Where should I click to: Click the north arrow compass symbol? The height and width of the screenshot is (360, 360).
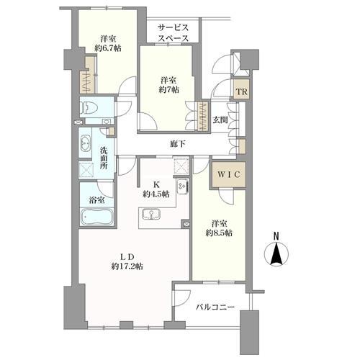point(277,255)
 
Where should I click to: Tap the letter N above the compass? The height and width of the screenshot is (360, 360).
point(277,235)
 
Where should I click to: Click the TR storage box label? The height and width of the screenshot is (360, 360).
point(242,91)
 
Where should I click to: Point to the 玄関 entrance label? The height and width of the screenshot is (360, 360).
point(220,120)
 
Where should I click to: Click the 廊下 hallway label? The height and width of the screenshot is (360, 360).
point(179,144)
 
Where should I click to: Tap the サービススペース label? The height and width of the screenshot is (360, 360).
point(174,32)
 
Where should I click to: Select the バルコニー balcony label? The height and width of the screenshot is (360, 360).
point(215,307)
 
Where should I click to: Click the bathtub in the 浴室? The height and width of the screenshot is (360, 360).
point(94,218)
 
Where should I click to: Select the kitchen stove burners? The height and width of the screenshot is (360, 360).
point(183,186)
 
